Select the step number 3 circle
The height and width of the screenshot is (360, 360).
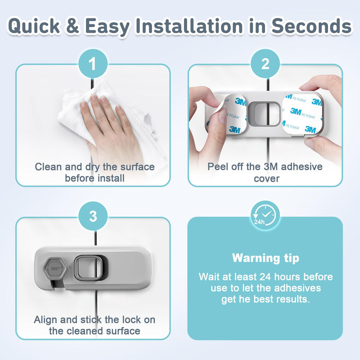point(93,216)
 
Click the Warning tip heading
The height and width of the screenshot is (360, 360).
point(265,258)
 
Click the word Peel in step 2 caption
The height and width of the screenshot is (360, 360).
point(217,166)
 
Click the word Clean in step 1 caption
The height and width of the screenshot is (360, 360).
point(49,167)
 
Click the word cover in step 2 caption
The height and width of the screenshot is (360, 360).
point(265,178)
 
